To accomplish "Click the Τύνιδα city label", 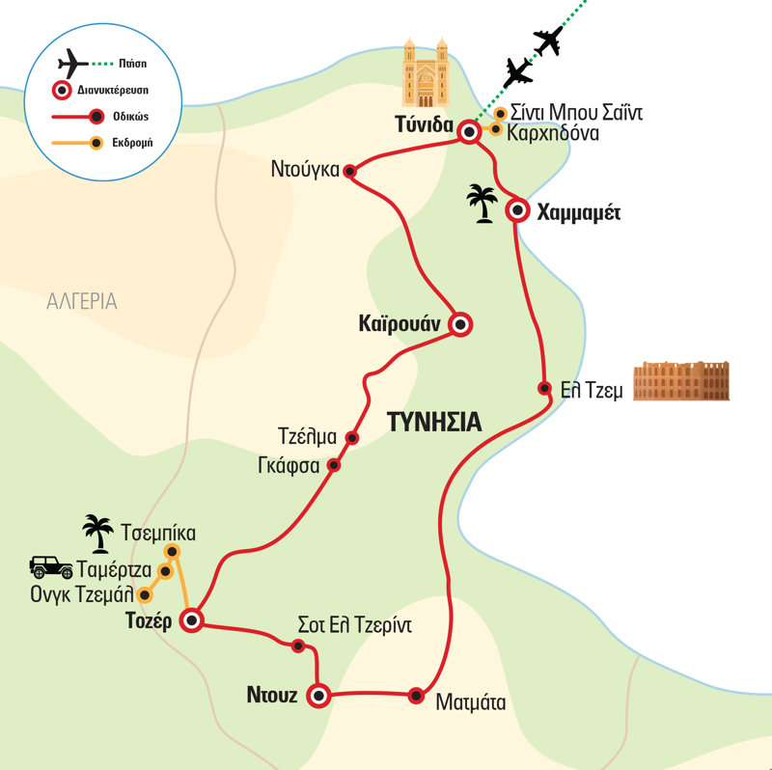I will coord(425,124).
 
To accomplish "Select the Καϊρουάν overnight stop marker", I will coord(460,325).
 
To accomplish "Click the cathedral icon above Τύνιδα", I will coord(427,74).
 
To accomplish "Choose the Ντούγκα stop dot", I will coord(350,172).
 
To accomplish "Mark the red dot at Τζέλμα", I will coord(352,438).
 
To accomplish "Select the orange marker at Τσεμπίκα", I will coord(173,551).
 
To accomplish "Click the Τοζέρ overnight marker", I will coord(192,620).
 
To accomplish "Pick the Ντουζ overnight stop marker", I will coord(317,694).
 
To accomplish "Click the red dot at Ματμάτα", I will coord(416,694).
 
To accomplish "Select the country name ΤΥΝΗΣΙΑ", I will coord(433,422).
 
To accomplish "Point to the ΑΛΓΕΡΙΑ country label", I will coord(82,301).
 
